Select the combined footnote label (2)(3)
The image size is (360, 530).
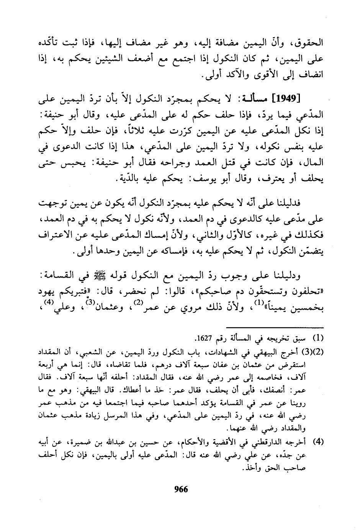pyautogui.click(x=314, y=352)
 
